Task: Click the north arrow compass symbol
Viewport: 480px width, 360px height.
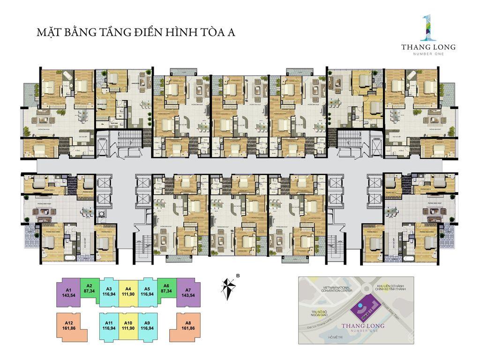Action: click(x=229, y=286)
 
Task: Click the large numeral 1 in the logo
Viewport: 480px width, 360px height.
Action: click(x=425, y=28)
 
